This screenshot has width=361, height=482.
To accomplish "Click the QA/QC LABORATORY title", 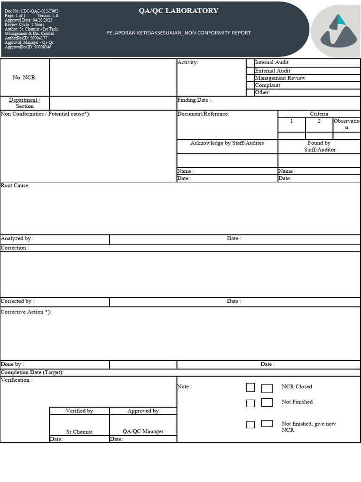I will (178, 11).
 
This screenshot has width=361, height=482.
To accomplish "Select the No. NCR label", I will (24, 78).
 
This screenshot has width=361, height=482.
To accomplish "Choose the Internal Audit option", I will (272, 63).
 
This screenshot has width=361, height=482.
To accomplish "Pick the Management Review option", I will (280, 78).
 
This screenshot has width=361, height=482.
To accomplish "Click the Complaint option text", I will (267, 85).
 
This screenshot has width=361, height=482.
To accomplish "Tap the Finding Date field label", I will (194, 100).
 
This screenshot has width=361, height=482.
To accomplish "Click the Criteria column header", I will (319, 114).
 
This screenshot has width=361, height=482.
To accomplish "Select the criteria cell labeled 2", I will (319, 121).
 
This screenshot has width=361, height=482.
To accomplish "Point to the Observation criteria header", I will (347, 124).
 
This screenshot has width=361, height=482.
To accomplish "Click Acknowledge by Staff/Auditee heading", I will (227, 143).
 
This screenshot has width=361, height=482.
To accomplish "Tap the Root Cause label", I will (15, 185).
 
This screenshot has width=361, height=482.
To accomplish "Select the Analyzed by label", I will (17, 239).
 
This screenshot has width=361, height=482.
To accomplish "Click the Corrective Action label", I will (26, 312).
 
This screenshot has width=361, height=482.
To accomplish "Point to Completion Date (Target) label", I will (32, 372).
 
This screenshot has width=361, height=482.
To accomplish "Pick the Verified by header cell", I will (79, 411).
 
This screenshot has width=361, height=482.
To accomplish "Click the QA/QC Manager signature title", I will (143, 432).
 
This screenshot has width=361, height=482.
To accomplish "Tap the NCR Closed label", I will (297, 387).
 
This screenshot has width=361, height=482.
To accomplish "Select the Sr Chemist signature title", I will (79, 432).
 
